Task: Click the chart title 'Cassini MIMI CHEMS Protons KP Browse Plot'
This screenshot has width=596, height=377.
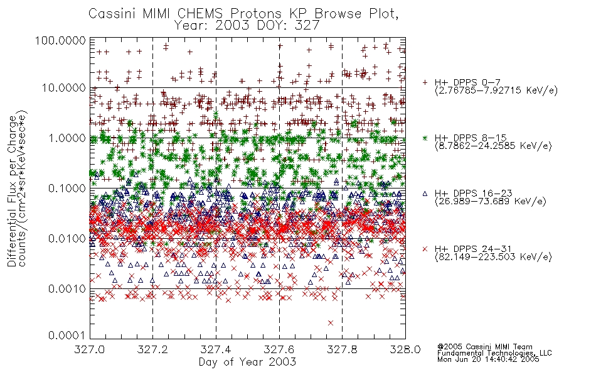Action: click(243, 13)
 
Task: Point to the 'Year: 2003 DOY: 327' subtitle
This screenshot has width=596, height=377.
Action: click(247, 25)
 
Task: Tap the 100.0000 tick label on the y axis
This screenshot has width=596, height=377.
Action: click(61, 40)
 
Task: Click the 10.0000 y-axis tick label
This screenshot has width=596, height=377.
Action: click(64, 88)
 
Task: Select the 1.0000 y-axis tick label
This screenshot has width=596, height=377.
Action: click(67, 138)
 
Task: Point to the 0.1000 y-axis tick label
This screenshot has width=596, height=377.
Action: click(67, 188)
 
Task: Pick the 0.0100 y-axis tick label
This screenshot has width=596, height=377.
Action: click(67, 239)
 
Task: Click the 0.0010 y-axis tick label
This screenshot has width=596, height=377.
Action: click(67, 289)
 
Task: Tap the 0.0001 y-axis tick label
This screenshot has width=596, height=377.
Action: click(67, 336)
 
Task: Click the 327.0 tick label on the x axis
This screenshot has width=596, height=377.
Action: click(90, 349)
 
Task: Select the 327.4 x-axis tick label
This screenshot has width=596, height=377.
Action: click(216, 349)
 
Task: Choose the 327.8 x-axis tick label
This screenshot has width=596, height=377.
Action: click(342, 349)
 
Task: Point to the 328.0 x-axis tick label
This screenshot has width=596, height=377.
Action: click(405, 349)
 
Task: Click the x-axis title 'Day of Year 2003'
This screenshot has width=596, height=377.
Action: click(247, 362)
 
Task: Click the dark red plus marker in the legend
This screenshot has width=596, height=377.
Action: click(425, 82)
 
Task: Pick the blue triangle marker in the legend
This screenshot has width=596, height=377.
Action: click(425, 194)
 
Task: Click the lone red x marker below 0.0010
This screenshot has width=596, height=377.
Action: click(330, 323)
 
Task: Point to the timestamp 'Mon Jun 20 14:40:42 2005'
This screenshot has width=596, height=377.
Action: click(488, 359)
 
